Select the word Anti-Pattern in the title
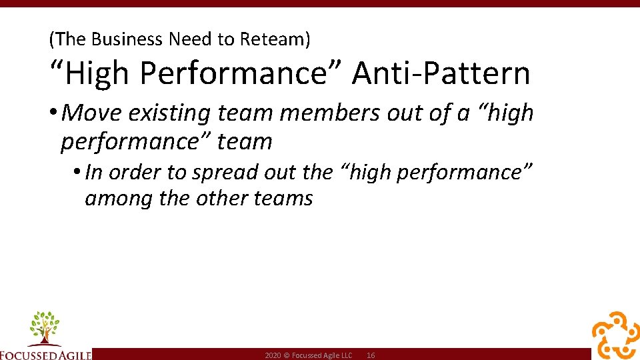click(x=441, y=73)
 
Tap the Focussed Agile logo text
click(x=45, y=354)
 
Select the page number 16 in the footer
click(x=371, y=356)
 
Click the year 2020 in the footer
click(x=273, y=356)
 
